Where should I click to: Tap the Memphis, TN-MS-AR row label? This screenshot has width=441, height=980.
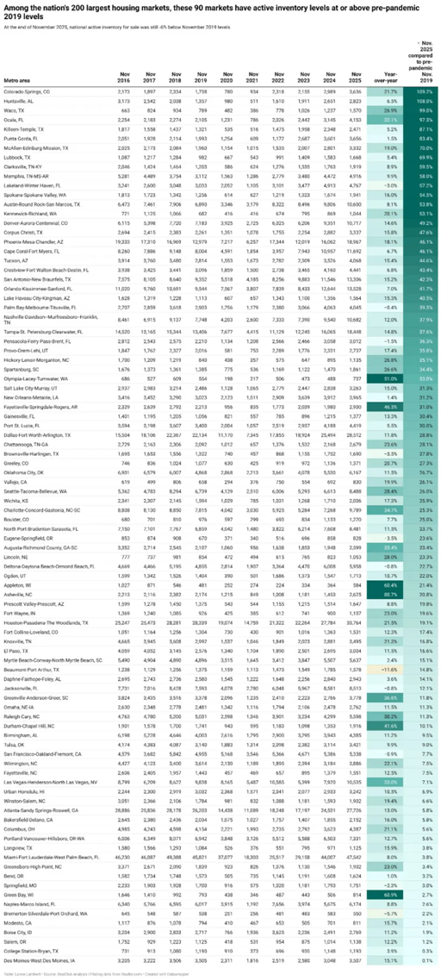24,175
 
